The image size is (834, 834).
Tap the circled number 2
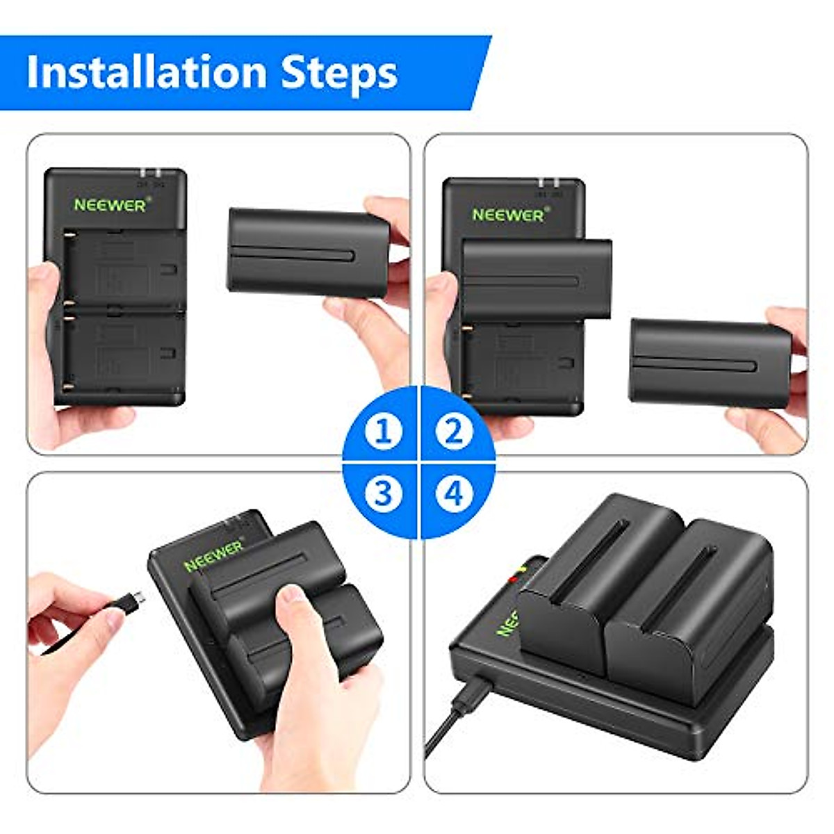point(453,432)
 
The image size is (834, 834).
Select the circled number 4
point(453,493)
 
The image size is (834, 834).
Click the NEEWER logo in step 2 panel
point(507,215)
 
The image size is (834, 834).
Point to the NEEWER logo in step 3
point(214,556)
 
